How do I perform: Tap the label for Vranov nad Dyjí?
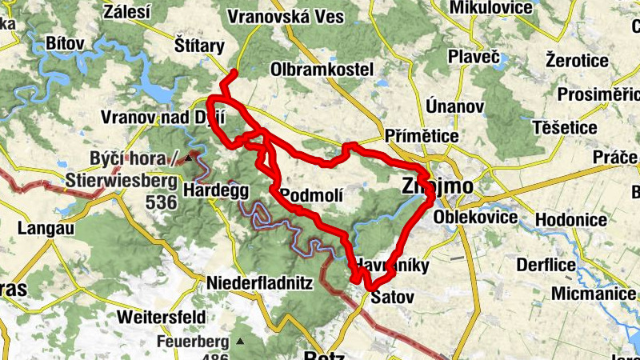[x=164, y=117]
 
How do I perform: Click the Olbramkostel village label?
[x=322, y=70]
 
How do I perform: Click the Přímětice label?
[x=422, y=137]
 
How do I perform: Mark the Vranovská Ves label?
[x=286, y=16]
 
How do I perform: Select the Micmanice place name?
[x=591, y=294]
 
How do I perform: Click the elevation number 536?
[x=161, y=202]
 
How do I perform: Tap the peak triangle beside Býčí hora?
[x=189, y=158]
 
